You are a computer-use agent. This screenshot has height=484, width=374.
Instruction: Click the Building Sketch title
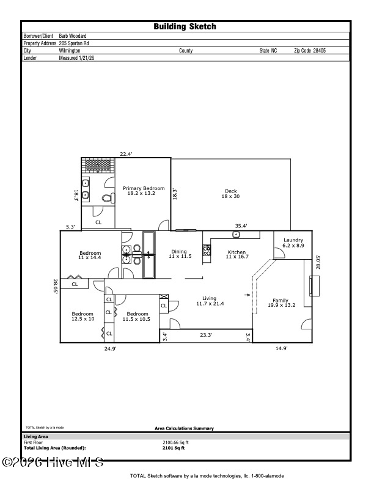(x=185, y=26)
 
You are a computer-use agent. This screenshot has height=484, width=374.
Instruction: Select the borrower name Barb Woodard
(x=77, y=36)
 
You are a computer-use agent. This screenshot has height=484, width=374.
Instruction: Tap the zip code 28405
(x=315, y=51)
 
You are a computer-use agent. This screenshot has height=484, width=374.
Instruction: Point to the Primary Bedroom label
(x=144, y=191)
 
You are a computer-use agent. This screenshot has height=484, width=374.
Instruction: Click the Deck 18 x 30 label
(x=230, y=194)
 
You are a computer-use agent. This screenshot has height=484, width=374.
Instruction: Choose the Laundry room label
(x=293, y=243)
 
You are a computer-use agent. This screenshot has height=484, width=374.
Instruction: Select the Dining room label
(x=179, y=254)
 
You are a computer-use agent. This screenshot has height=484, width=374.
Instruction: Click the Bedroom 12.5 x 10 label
(x=83, y=316)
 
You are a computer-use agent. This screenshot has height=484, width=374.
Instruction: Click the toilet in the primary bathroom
(x=108, y=198)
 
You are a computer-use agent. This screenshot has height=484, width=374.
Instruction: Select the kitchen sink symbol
(x=236, y=234)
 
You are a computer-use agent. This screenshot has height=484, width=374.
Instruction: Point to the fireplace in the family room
(x=314, y=286)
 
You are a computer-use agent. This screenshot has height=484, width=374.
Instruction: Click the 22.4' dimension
(x=127, y=154)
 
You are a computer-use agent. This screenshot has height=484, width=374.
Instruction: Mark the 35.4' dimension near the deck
(x=241, y=226)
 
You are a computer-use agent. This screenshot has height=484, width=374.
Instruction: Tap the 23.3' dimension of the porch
(x=206, y=335)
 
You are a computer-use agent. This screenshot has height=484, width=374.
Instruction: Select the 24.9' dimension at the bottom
(x=110, y=348)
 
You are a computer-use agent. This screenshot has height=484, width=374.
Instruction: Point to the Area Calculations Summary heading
(x=184, y=428)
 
